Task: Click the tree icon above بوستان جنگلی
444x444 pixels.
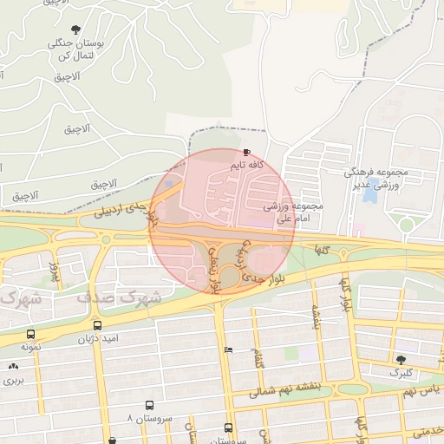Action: click(x=77, y=29)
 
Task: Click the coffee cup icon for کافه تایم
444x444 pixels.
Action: click(x=247, y=152)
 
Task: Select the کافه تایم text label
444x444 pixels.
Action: click(x=246, y=164)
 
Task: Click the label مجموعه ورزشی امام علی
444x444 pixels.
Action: click(x=293, y=212)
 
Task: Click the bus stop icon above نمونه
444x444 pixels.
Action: click(x=31, y=334)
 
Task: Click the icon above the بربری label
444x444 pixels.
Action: click(x=13, y=367)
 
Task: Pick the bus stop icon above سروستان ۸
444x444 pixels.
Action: click(x=150, y=405)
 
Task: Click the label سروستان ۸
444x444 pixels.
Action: click(x=150, y=418)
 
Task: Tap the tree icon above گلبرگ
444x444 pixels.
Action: click(x=400, y=359)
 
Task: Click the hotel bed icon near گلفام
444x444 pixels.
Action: click(x=227, y=350)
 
